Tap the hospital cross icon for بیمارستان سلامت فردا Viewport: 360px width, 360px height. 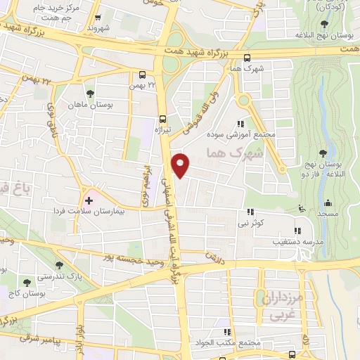point(89,200)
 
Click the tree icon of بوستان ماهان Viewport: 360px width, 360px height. point(89,94)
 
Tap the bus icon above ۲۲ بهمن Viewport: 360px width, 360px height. point(143,74)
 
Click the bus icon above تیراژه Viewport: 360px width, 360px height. point(162,119)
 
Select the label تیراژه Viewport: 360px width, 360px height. point(163,129)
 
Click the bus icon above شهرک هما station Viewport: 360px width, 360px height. point(246,59)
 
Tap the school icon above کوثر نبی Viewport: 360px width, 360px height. point(250,212)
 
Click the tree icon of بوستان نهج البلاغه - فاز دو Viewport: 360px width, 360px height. point(323,153)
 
